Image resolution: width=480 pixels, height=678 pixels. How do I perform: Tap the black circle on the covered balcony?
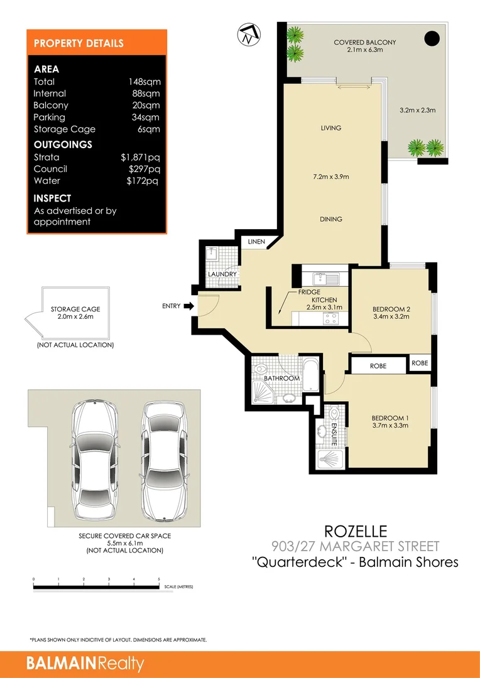pos(432,39)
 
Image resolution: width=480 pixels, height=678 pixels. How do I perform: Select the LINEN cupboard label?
pos(256,242)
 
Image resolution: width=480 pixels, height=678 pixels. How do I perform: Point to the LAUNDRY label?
pos(222,274)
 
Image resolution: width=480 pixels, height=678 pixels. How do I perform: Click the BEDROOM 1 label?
pos(390,418)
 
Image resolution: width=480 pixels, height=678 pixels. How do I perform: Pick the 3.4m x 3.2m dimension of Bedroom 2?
pos(391,317)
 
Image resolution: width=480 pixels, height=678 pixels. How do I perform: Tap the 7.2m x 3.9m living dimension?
pos(331,177)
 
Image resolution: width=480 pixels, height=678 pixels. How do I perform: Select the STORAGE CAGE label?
pos(75,309)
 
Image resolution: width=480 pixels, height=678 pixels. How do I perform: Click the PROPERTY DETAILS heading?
pos(79,43)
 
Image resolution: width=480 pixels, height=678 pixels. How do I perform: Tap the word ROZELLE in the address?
pos(355,532)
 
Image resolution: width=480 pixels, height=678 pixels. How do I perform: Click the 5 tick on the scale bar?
pos(159,580)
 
